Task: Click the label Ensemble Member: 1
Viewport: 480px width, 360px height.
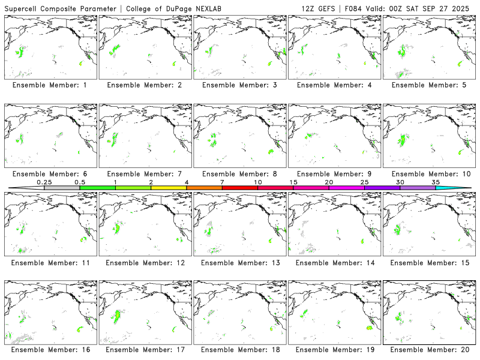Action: click(x=49, y=85)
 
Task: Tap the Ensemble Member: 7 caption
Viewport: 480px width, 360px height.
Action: click(x=143, y=174)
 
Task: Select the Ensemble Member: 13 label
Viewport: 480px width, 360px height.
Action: click(x=238, y=263)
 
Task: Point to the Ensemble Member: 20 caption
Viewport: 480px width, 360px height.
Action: click(x=427, y=349)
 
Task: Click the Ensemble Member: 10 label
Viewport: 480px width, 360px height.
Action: click(x=427, y=174)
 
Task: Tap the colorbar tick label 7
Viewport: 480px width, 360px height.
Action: click(x=222, y=182)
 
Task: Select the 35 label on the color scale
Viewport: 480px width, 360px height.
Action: click(x=436, y=182)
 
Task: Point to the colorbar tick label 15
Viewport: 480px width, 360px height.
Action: click(x=293, y=182)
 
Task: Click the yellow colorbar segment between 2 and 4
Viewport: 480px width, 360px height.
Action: click(x=169, y=188)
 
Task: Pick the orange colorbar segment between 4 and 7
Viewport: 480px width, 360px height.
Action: click(x=204, y=188)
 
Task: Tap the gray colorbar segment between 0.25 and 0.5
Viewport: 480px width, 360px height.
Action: click(x=62, y=188)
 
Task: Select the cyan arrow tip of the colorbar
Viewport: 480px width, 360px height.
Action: click(x=462, y=188)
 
